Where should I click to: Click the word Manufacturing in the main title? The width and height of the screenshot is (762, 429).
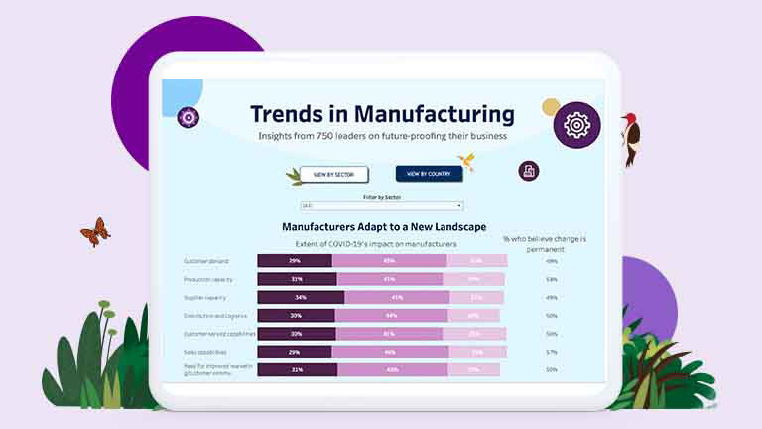pos(435,113)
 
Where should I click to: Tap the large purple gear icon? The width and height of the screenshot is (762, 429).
pos(576,125)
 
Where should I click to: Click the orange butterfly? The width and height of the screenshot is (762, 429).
pos(95,232)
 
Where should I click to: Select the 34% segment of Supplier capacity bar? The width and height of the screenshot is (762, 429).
pos(301,297)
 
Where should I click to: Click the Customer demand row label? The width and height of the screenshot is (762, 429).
pos(206,261)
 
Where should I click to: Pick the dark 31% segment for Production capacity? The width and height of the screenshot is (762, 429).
pos(296,279)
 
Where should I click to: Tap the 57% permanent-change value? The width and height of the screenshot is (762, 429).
pos(551,352)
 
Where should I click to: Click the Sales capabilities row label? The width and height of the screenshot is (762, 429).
pos(207,352)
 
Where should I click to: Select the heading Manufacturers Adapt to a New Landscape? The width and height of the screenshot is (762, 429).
pos(383,227)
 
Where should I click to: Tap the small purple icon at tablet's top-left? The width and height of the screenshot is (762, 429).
pos(188,118)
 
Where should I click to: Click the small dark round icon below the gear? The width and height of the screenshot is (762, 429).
pos(529,171)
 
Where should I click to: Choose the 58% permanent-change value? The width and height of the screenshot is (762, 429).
pos(551,279)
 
